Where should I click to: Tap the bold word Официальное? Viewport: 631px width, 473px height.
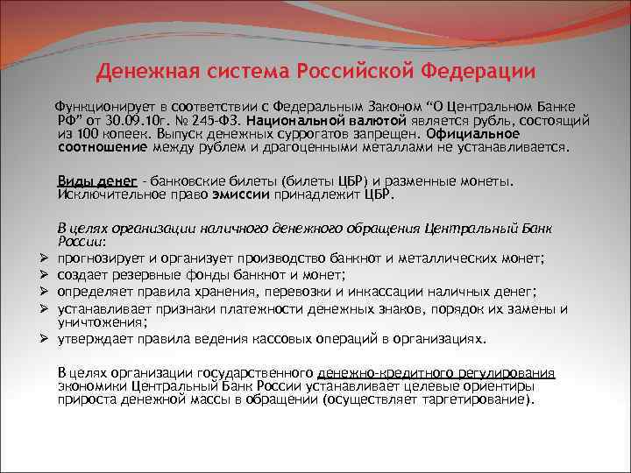tap(473, 135)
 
